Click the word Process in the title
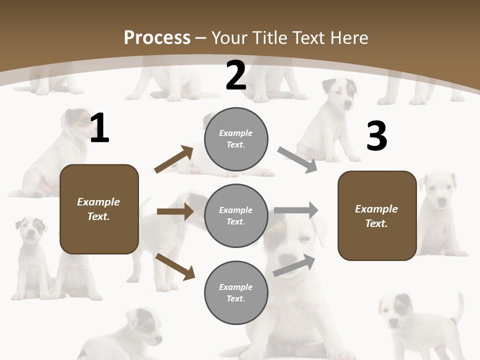tap(157, 38)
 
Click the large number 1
tap(99, 128)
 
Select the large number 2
tap(236, 76)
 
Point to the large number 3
tap(376, 136)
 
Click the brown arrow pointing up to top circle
tap(174, 159)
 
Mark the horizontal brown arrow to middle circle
tap(175, 211)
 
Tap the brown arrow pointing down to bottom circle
tap(175, 266)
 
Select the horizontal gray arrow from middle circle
tap(296, 210)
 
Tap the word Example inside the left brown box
tap(98, 202)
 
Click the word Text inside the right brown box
tap(376, 223)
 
